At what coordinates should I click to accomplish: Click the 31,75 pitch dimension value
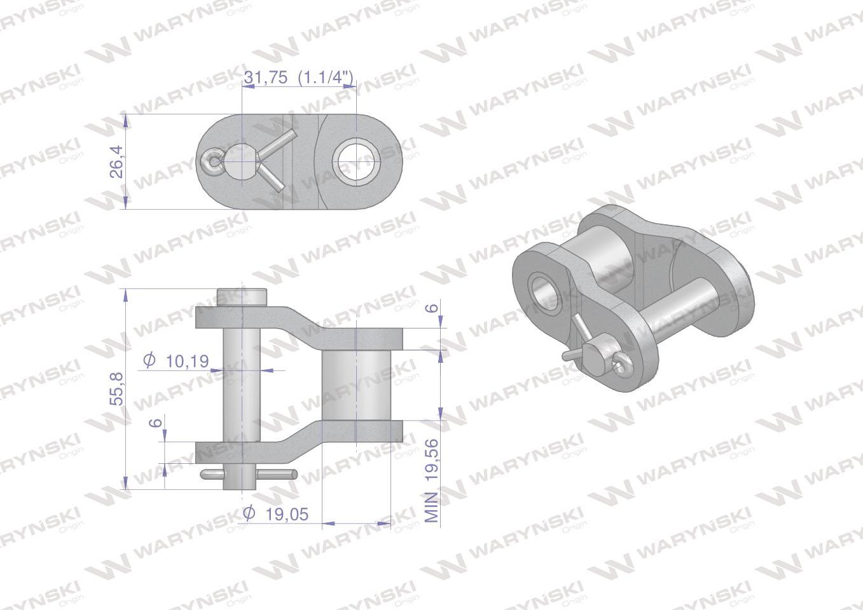266,78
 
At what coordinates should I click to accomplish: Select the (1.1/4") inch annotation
326,78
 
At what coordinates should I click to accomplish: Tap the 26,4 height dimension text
116,161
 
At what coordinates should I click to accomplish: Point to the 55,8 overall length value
116,389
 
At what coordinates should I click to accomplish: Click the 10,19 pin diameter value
187,362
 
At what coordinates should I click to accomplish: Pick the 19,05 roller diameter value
287,515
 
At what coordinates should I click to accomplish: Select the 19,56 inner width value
432,459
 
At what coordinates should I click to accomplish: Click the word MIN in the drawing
432,507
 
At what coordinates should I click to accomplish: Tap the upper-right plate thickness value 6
434,308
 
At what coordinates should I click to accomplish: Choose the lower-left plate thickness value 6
155,423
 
